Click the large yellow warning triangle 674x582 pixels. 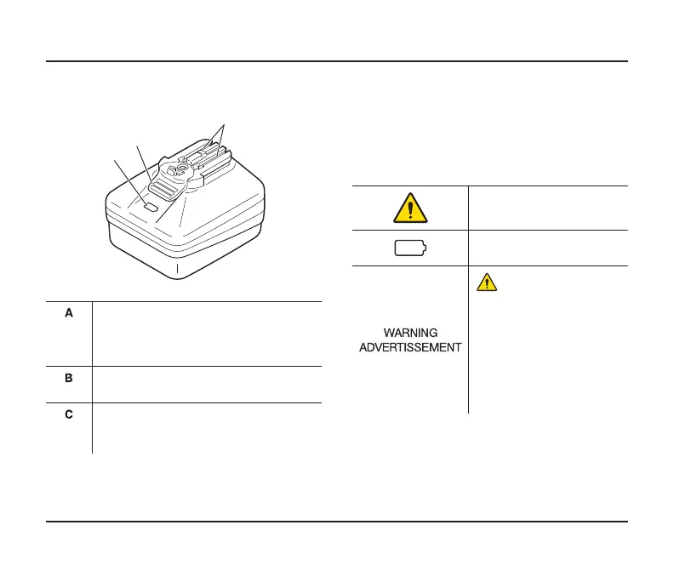pyautogui.click(x=409, y=208)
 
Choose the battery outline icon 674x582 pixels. pyautogui.click(x=410, y=249)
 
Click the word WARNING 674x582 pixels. pyautogui.click(x=409, y=333)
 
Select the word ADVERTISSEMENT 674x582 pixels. pyautogui.click(x=409, y=346)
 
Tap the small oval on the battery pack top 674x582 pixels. pyautogui.click(x=151, y=206)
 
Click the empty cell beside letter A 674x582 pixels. pyautogui.click(x=207, y=334)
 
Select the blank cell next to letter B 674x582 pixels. pyautogui.click(x=207, y=385)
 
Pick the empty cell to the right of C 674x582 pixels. pyautogui.click(x=207, y=427)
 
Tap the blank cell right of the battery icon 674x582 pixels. pyautogui.click(x=547, y=248)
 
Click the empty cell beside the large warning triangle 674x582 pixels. pyautogui.click(x=547, y=208)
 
